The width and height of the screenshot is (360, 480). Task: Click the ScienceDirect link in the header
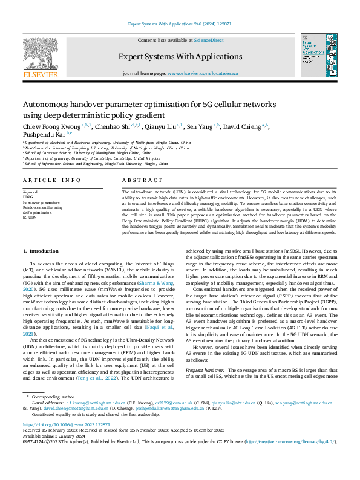point(208,40)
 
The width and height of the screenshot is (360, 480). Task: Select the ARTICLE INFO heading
point(51,180)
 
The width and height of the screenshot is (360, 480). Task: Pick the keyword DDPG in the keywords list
point(28,197)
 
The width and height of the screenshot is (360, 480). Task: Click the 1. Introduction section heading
point(41,250)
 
